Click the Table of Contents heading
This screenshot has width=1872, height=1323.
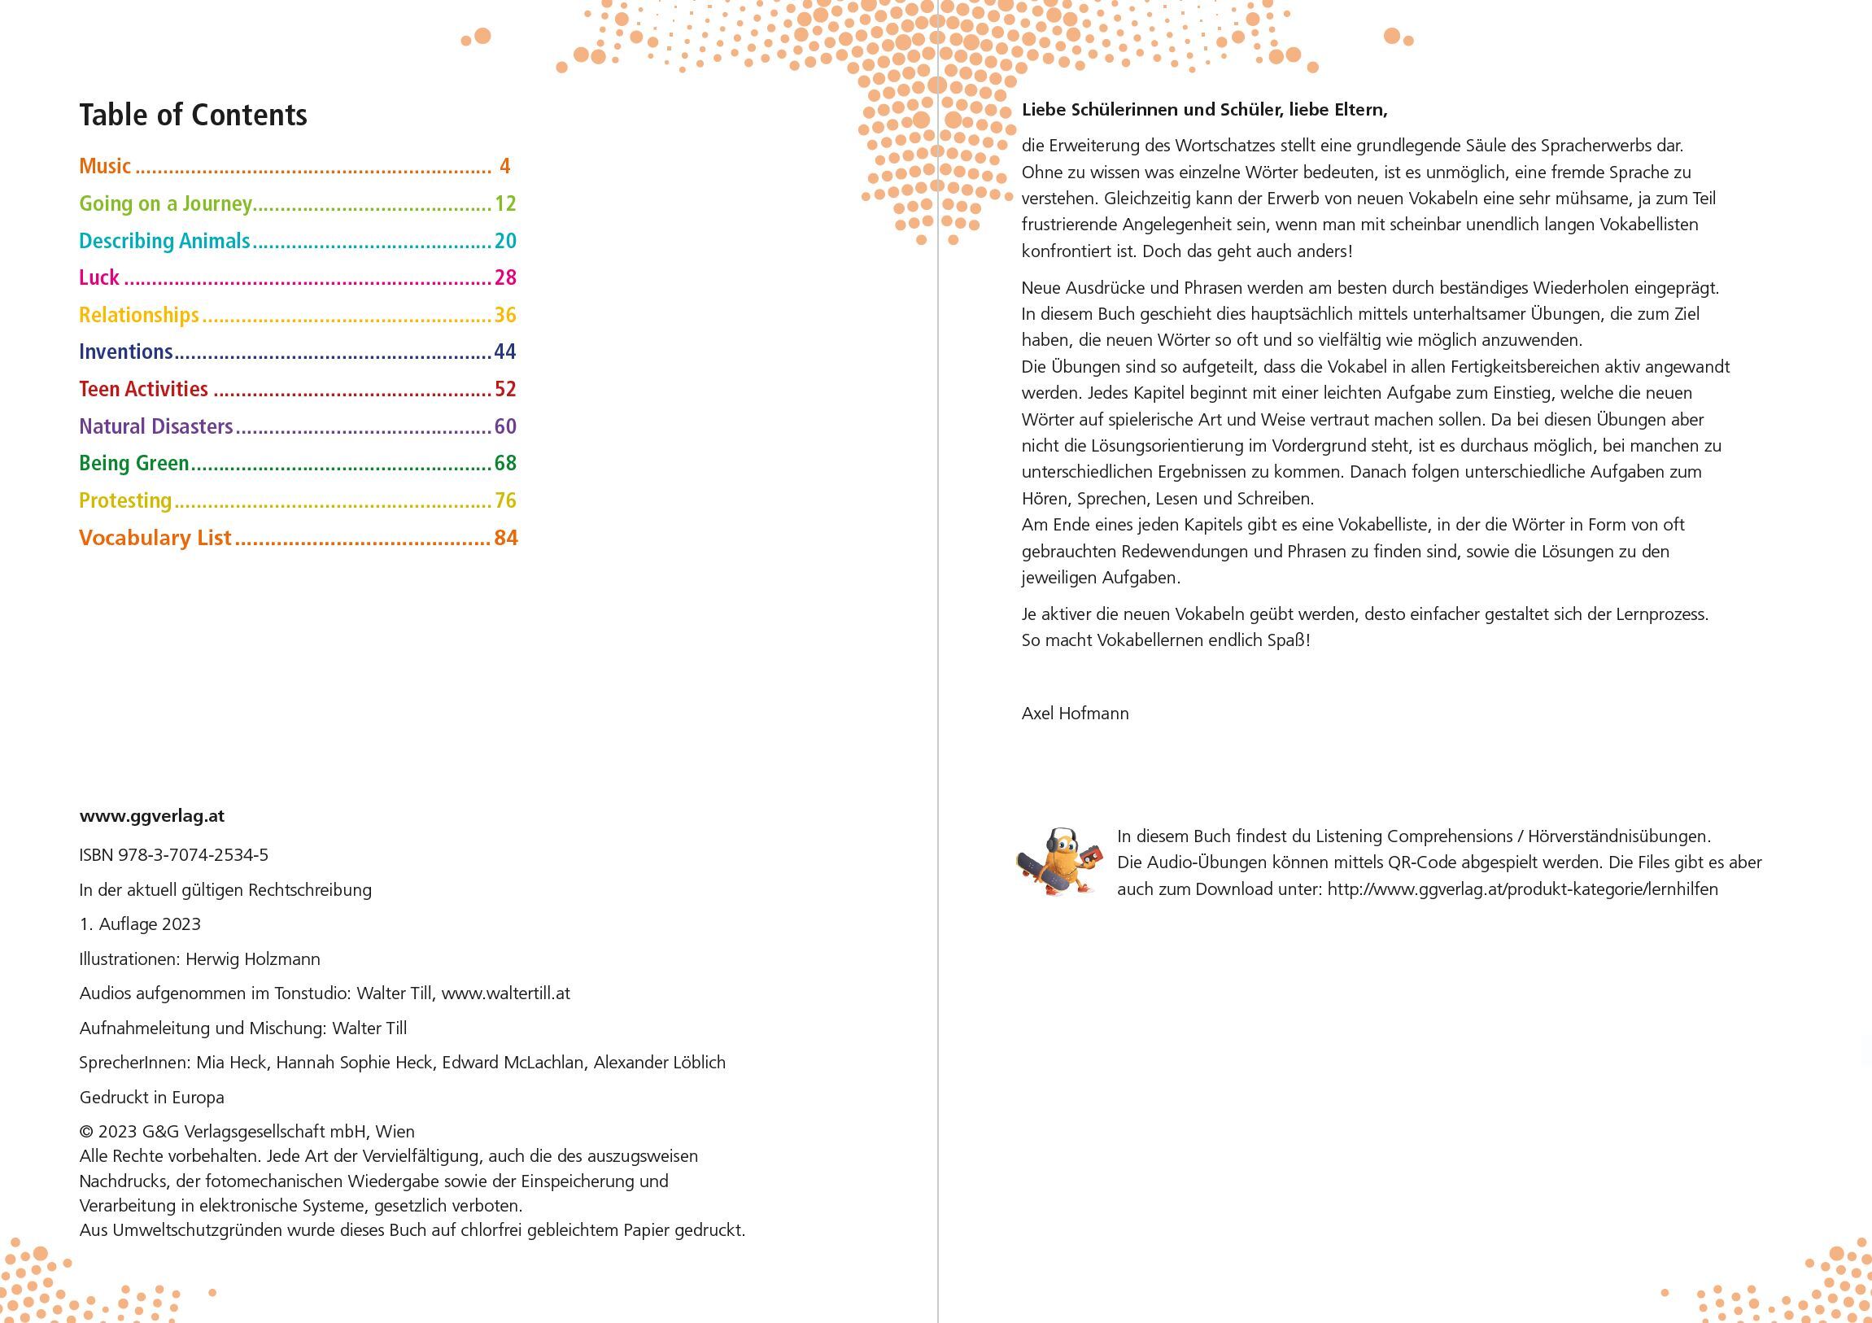pos(193,115)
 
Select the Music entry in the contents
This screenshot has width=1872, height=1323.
pos(105,167)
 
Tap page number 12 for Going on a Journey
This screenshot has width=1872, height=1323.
pos(505,203)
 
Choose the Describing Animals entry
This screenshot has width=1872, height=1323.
pos(164,241)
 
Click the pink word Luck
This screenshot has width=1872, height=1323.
pos(98,277)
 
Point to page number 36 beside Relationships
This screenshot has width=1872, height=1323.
pos(505,315)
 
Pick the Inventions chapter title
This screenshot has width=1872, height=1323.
pos(125,351)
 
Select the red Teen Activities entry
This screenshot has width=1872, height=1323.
pos(143,389)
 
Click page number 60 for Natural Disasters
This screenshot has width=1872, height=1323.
pos(505,426)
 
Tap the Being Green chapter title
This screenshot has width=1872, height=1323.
pos(133,463)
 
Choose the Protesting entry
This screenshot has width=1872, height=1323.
pos(124,500)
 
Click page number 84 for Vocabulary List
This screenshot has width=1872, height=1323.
pos(505,538)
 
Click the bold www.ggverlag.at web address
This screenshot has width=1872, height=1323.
pos(151,815)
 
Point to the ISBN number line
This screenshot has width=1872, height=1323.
pos(173,855)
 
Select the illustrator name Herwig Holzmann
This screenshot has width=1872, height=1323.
pos(253,959)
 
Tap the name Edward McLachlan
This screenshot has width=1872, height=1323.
pos(513,1063)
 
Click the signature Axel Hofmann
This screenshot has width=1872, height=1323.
pos(1075,714)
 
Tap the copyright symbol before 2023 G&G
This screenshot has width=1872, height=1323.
pos(85,1132)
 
